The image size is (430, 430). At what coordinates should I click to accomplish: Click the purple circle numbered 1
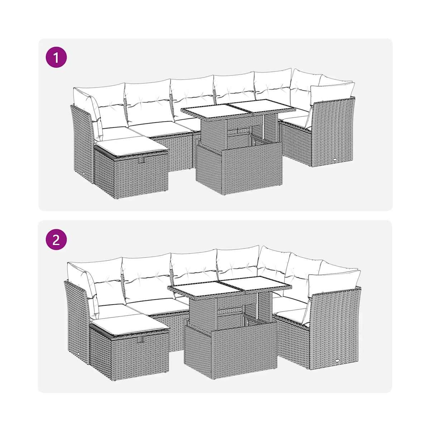pyautogui.click(x=56, y=57)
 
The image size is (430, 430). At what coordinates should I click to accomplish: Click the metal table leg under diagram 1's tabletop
pyautogui.click(x=264, y=125)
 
